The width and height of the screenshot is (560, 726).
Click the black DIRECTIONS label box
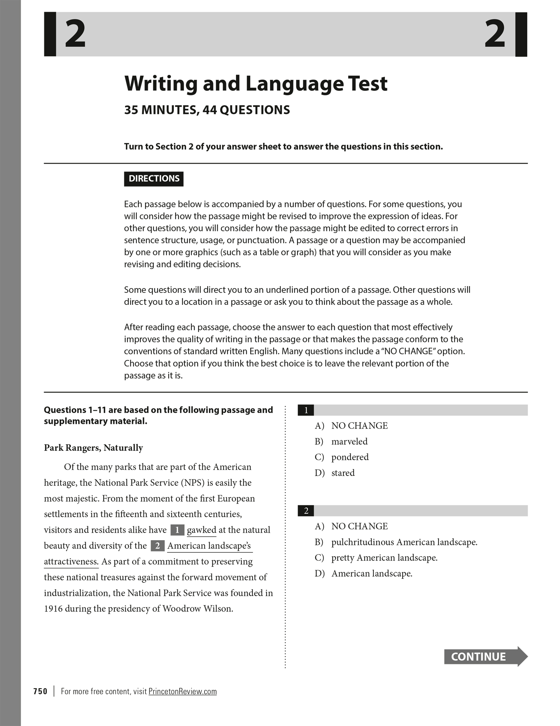(x=154, y=179)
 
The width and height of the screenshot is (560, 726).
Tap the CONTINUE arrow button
(x=485, y=656)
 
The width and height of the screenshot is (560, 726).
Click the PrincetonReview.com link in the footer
(x=182, y=691)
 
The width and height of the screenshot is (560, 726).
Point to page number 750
(x=40, y=691)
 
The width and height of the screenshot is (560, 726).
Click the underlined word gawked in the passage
(x=201, y=530)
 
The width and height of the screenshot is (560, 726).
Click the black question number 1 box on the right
(x=306, y=410)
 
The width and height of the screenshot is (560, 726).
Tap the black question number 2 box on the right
(x=306, y=510)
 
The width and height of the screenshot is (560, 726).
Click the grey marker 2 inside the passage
(x=157, y=546)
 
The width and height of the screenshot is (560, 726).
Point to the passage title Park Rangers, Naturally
(x=94, y=447)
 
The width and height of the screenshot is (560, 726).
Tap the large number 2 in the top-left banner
(x=75, y=34)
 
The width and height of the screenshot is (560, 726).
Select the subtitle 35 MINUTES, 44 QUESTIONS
(x=207, y=110)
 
